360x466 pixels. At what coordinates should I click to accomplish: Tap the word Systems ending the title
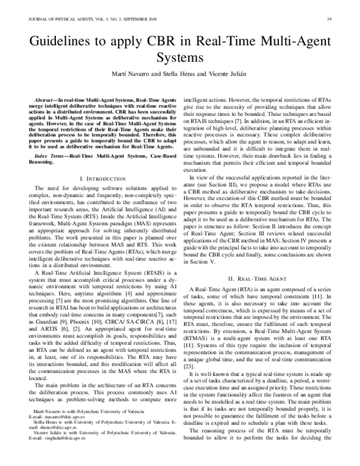[x=181, y=59]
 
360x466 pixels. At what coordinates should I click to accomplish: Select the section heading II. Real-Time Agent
[x=255, y=280]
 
